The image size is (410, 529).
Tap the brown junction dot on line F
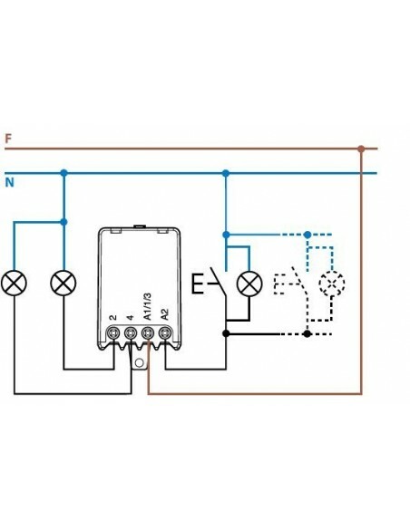coord(361,149)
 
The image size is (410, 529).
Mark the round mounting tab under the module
coord(140,362)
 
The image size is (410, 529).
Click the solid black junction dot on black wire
coord(226,333)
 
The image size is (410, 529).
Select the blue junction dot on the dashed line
coord(307,234)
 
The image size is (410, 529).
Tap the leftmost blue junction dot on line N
coord(63,172)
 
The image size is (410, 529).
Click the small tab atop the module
coord(140,226)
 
